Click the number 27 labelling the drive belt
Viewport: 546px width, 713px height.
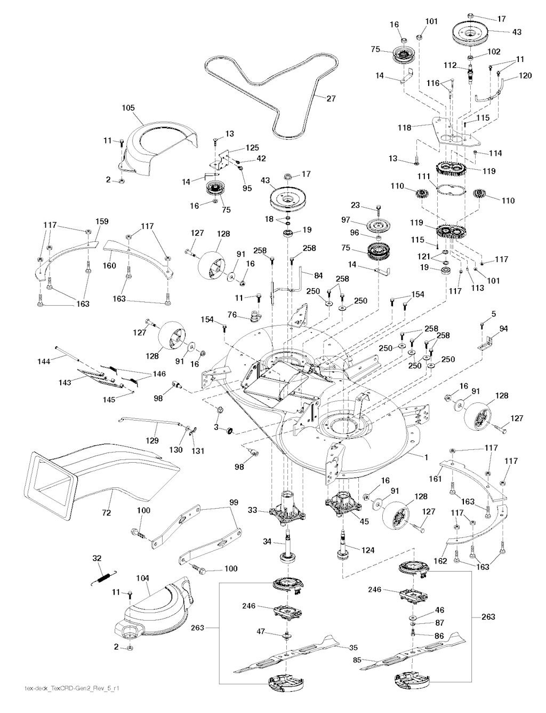331,98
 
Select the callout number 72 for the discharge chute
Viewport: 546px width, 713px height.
107,512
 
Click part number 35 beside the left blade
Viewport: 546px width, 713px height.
352,648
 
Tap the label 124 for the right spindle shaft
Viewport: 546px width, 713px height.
368,550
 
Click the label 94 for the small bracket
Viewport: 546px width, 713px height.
503,328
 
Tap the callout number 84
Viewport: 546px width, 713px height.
318,275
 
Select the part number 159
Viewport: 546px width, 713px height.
101,221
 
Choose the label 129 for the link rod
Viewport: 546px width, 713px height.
152,440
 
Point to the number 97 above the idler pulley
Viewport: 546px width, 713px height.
346,220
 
